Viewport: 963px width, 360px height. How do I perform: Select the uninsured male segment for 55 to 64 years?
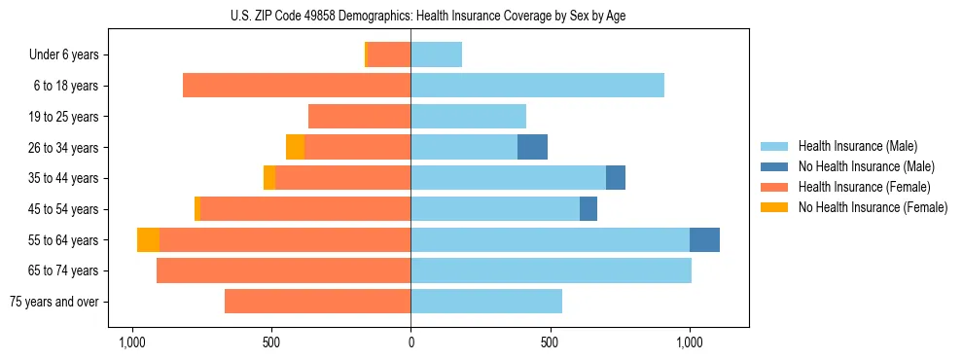[x=704, y=239]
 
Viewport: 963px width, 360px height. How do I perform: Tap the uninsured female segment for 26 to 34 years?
[x=295, y=147]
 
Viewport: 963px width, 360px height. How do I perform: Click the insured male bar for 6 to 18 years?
[x=537, y=86]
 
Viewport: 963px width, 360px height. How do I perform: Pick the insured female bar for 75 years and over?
[x=317, y=302]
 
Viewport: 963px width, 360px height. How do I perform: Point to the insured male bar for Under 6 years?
[x=436, y=54]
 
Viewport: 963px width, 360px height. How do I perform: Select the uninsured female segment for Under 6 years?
[x=367, y=54]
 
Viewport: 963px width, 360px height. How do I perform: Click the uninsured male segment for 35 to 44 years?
[x=616, y=178]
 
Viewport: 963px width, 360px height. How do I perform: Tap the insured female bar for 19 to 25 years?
[x=359, y=117]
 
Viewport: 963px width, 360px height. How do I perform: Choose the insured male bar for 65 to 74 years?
[x=551, y=270]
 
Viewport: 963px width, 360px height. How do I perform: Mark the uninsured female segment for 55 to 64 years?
[x=148, y=239]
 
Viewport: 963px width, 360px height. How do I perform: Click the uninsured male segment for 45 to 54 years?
[x=588, y=209]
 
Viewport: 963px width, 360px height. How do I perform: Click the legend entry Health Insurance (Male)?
[x=857, y=146]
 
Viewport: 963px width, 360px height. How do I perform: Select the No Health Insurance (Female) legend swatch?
[x=774, y=207]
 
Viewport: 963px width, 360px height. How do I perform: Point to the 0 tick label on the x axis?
[x=410, y=342]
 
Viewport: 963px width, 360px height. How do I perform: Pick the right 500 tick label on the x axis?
[x=551, y=342]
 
